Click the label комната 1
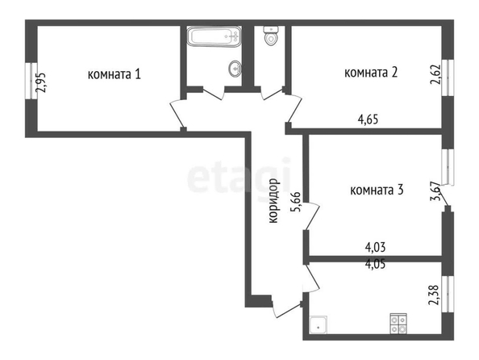(x=115, y=74)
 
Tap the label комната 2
(x=371, y=73)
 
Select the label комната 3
(x=377, y=190)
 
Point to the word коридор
(x=273, y=201)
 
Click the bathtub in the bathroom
(x=214, y=36)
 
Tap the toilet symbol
(x=271, y=36)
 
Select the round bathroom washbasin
(x=235, y=69)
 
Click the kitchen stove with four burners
(x=398, y=324)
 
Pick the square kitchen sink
(x=318, y=324)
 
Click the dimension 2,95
(x=41, y=82)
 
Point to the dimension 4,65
(x=368, y=119)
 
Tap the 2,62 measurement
(x=435, y=74)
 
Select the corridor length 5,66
(x=296, y=202)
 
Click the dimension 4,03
(x=375, y=247)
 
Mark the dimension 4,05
(x=375, y=264)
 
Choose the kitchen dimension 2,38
(x=434, y=295)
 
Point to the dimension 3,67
(x=435, y=191)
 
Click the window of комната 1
(x=31, y=81)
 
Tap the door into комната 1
(x=177, y=114)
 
